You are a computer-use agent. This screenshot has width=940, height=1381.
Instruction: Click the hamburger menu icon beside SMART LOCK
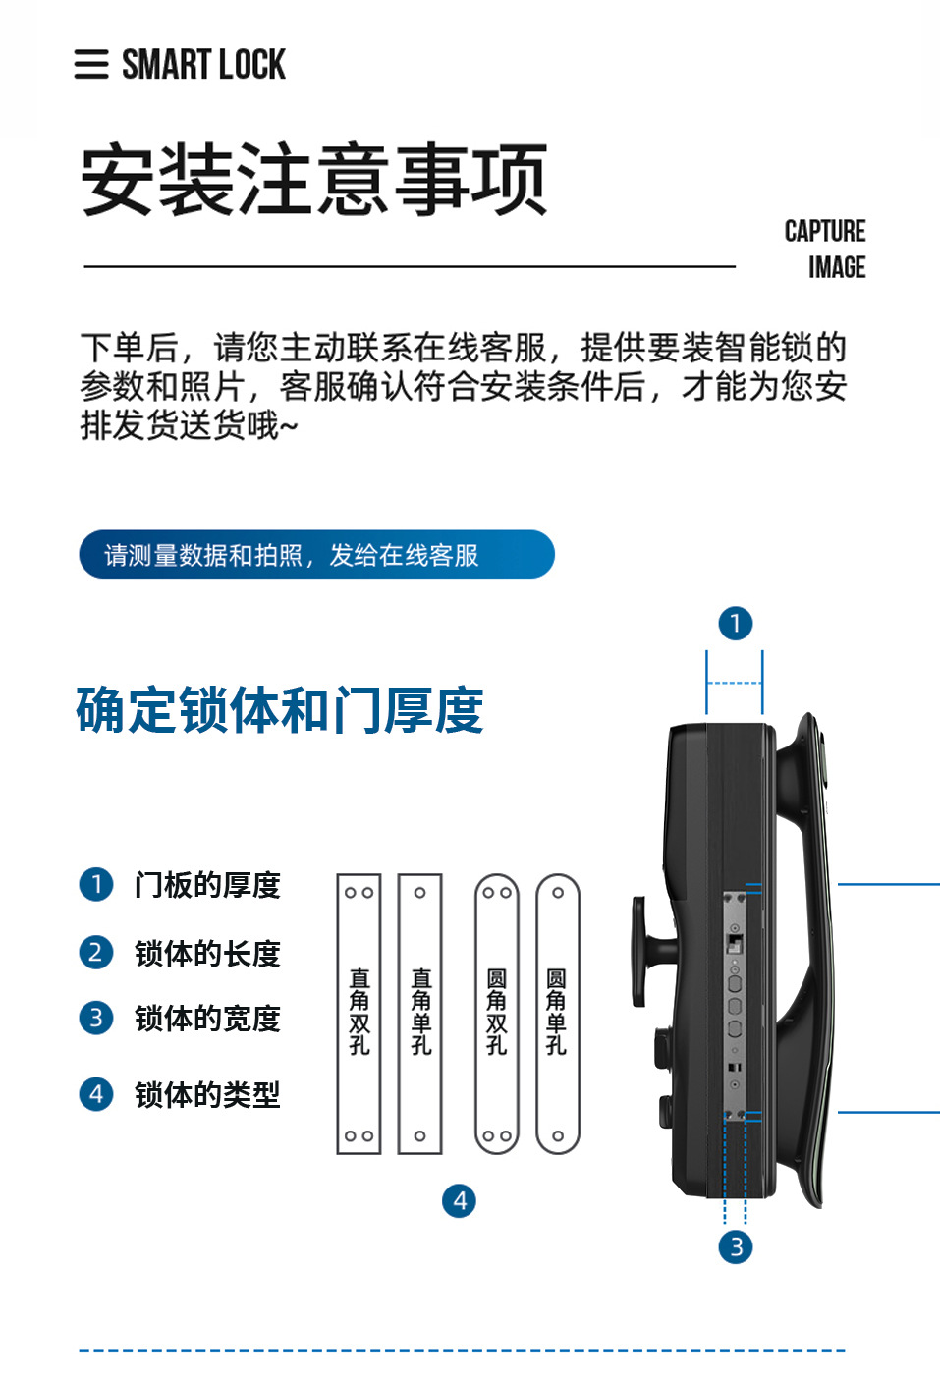[x=91, y=64]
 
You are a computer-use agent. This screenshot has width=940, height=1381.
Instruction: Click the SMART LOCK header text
[x=203, y=65]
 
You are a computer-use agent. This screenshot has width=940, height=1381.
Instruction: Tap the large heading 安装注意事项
[x=313, y=180]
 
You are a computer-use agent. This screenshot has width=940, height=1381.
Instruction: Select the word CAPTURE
[x=824, y=231]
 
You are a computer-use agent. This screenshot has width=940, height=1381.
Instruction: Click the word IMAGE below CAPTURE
[x=837, y=267]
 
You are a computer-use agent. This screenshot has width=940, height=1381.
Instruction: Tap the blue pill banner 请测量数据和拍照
[x=316, y=555]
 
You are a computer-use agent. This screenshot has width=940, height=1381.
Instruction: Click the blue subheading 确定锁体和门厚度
[x=280, y=710]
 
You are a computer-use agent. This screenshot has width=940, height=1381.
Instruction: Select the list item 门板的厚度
[x=207, y=885]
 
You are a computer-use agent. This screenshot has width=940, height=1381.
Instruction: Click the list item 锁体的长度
[x=207, y=953]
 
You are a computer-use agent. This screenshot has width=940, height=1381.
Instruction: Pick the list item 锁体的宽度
[x=207, y=1019]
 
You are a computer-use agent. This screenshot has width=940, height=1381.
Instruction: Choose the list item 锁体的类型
[x=207, y=1094]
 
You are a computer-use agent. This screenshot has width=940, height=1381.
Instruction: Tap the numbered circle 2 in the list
[x=96, y=952]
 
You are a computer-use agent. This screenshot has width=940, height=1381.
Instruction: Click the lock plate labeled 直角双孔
[x=359, y=1014]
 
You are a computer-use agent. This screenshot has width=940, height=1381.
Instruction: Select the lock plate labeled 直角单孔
[x=420, y=1014]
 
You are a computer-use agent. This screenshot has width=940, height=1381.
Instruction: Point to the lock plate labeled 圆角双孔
[x=497, y=1014]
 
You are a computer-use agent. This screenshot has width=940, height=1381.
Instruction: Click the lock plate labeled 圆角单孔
[x=558, y=1014]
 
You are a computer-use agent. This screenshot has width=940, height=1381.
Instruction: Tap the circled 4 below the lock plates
[x=459, y=1200]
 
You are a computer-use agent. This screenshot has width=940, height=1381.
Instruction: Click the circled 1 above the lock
[x=736, y=623]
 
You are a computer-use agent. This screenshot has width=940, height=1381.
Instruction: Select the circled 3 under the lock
[x=736, y=1246]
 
